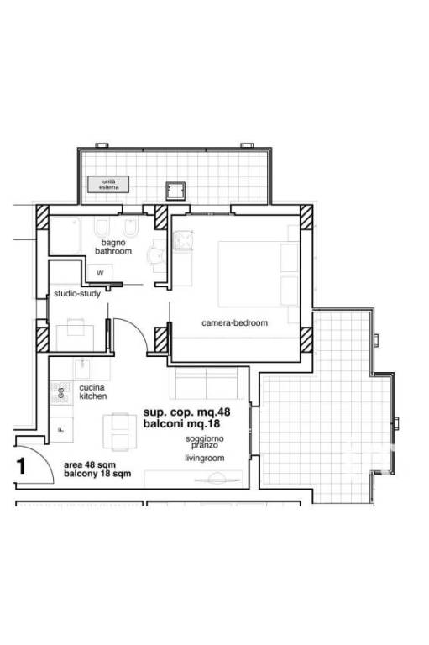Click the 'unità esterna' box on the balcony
(108, 184)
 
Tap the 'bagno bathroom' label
(113, 247)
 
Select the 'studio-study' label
(77, 294)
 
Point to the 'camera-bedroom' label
(234, 322)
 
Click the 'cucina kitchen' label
(93, 391)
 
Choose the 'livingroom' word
(204, 458)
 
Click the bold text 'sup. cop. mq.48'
(186, 412)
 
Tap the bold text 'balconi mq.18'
(181, 423)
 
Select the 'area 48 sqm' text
(90, 464)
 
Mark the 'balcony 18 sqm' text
(97, 474)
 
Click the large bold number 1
(20, 466)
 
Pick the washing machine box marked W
(101, 273)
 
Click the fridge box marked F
(61, 430)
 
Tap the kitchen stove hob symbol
(61, 392)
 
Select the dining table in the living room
(120, 432)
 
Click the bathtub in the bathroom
(65, 235)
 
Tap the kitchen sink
(83, 369)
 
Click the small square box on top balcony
(175, 191)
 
